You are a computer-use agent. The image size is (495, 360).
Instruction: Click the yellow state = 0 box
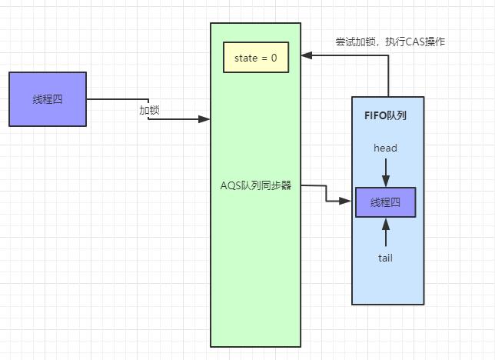pos(256,57)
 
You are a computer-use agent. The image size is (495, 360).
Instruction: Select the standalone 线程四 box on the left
pos(48,99)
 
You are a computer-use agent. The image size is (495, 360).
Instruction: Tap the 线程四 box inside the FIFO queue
pos(385,202)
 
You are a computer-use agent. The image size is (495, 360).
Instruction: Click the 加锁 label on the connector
pos(149,110)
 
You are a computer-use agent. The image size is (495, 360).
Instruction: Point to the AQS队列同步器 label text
pos(256,185)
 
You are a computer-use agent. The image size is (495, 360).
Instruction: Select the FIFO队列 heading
pos(384,115)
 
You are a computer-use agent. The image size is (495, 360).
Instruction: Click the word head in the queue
pos(385,147)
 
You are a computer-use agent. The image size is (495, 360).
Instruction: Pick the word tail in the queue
pos(385,258)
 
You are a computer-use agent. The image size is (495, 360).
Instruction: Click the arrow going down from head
pos(385,171)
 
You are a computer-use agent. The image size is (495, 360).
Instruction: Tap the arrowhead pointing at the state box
pos(306,55)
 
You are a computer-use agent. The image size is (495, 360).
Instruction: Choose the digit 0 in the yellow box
pos(274,58)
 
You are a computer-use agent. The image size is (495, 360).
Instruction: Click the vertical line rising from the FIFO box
pos(388,77)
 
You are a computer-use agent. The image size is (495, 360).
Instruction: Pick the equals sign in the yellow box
pos(264,58)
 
